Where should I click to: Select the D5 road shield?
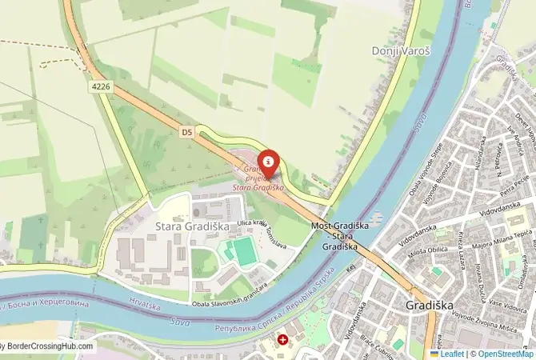click(x=187, y=132)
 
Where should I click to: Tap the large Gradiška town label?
click(x=430, y=305)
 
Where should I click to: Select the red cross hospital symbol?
click(x=283, y=340)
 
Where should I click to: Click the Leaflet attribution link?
click(x=450, y=354)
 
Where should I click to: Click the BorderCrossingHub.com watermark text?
click(x=48, y=347)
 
